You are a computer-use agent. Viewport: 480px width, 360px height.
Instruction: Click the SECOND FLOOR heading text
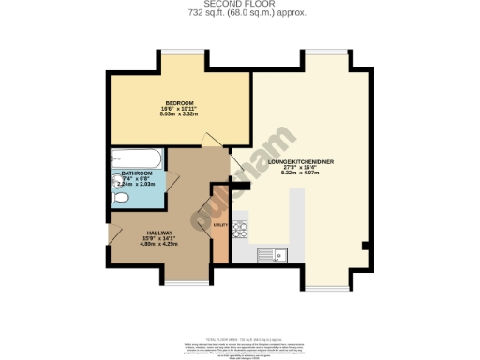[241, 5]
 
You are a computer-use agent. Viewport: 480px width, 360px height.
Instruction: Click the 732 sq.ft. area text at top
[241, 13]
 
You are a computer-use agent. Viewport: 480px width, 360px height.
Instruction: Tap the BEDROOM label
[179, 102]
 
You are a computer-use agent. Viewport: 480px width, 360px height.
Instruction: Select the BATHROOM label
[137, 174]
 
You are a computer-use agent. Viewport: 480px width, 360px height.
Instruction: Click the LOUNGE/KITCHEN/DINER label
[301, 162]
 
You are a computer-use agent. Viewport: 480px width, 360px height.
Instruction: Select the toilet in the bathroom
[118, 199]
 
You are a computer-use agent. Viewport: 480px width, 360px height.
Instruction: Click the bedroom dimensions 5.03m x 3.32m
[179, 115]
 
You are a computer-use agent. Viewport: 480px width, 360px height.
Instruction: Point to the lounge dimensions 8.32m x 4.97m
[301, 174]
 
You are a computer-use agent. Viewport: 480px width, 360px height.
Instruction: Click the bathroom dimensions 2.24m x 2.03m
[139, 185]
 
